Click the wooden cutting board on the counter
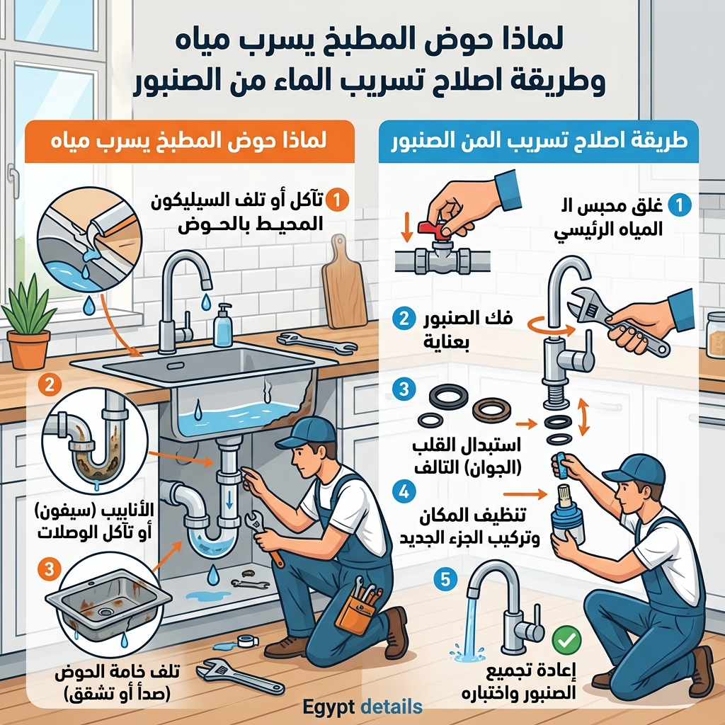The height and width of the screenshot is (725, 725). point(344,283)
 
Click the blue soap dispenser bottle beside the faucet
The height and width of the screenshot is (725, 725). point(222,327)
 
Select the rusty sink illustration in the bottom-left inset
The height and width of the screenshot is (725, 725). point(106,602)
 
